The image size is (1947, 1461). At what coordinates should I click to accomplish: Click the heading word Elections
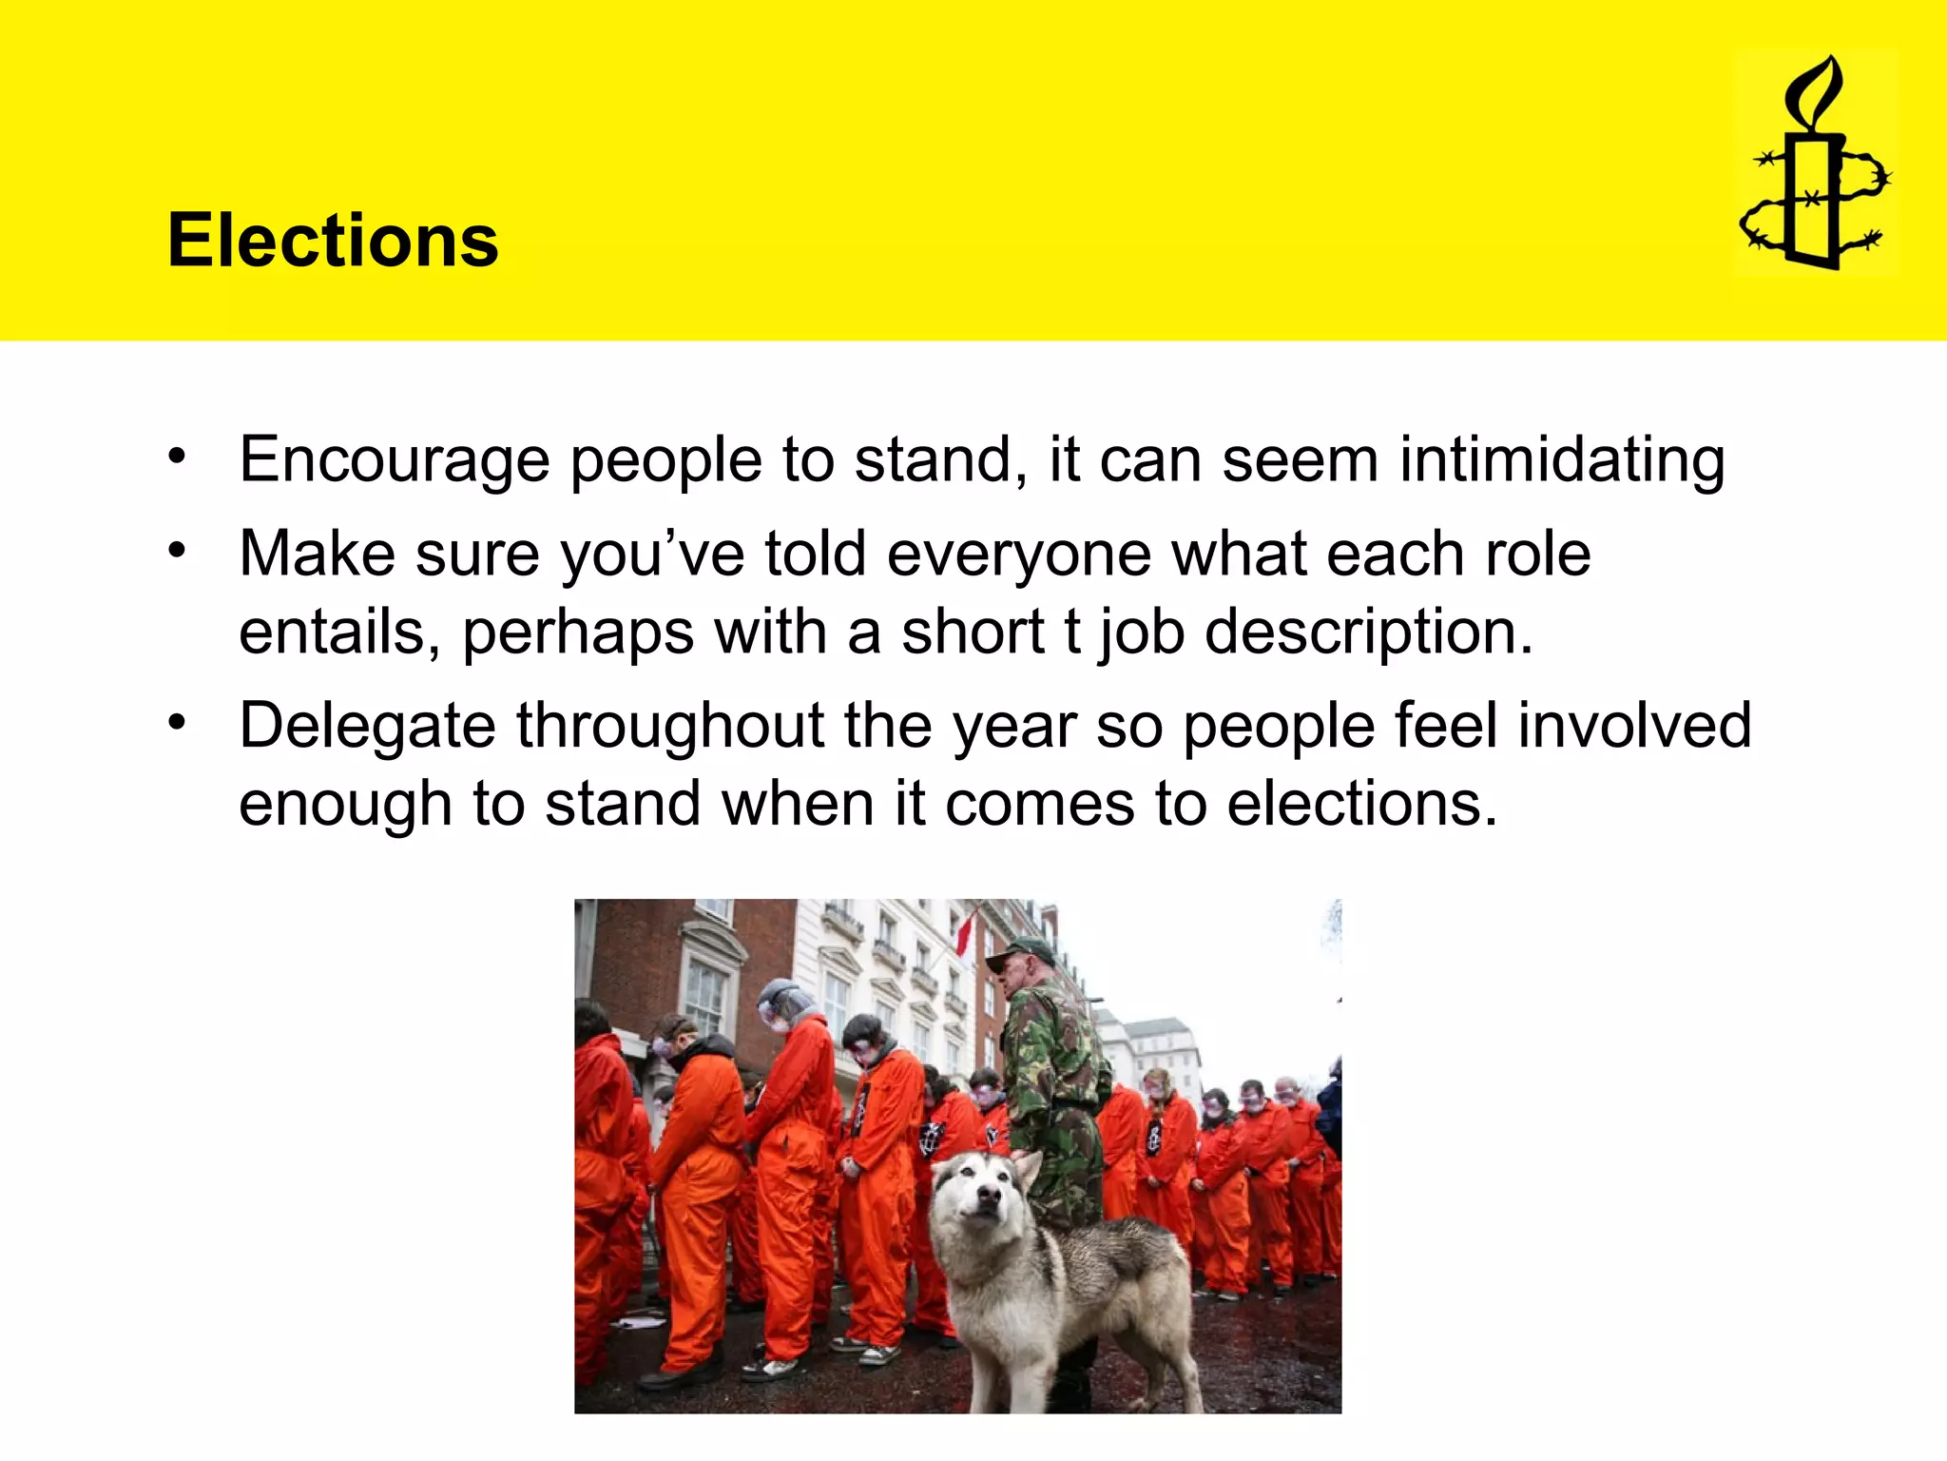333,241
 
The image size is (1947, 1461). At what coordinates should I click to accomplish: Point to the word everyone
1018,555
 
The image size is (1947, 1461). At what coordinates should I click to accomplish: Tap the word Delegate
367,726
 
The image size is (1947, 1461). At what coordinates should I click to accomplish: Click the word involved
1634,726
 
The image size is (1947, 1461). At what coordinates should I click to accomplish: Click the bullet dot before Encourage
177,457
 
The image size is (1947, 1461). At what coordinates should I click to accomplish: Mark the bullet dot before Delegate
177,723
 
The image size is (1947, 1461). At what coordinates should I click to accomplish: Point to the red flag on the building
965,932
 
